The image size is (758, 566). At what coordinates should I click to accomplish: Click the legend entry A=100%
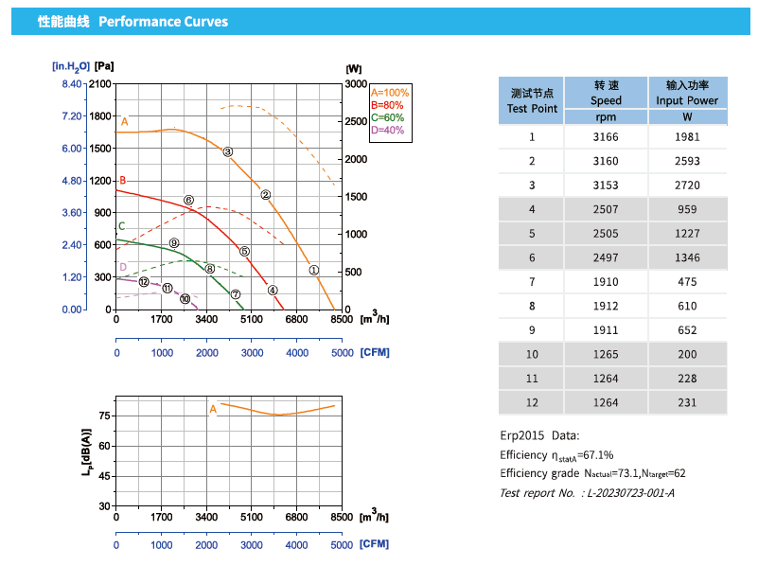390,93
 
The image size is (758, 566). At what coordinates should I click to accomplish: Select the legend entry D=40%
387,130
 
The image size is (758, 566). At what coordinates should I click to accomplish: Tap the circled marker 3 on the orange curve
228,151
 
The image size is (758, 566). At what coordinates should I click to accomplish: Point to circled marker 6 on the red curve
189,201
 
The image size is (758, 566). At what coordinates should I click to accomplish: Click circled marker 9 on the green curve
174,243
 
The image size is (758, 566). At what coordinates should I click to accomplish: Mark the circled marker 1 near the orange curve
314,270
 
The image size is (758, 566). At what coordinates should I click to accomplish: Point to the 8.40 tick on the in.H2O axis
71,84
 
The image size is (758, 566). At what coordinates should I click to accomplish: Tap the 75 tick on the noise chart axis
105,416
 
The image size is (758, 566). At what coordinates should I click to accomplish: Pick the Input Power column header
687,93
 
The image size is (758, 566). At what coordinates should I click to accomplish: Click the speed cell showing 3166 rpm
606,137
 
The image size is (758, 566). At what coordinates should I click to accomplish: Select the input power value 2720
687,186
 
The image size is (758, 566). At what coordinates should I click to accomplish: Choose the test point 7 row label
532,282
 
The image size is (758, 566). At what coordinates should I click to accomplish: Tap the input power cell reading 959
687,209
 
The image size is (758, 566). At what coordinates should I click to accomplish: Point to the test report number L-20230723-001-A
631,493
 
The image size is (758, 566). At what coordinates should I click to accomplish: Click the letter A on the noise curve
213,409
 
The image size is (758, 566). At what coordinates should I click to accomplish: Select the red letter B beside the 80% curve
122,180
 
